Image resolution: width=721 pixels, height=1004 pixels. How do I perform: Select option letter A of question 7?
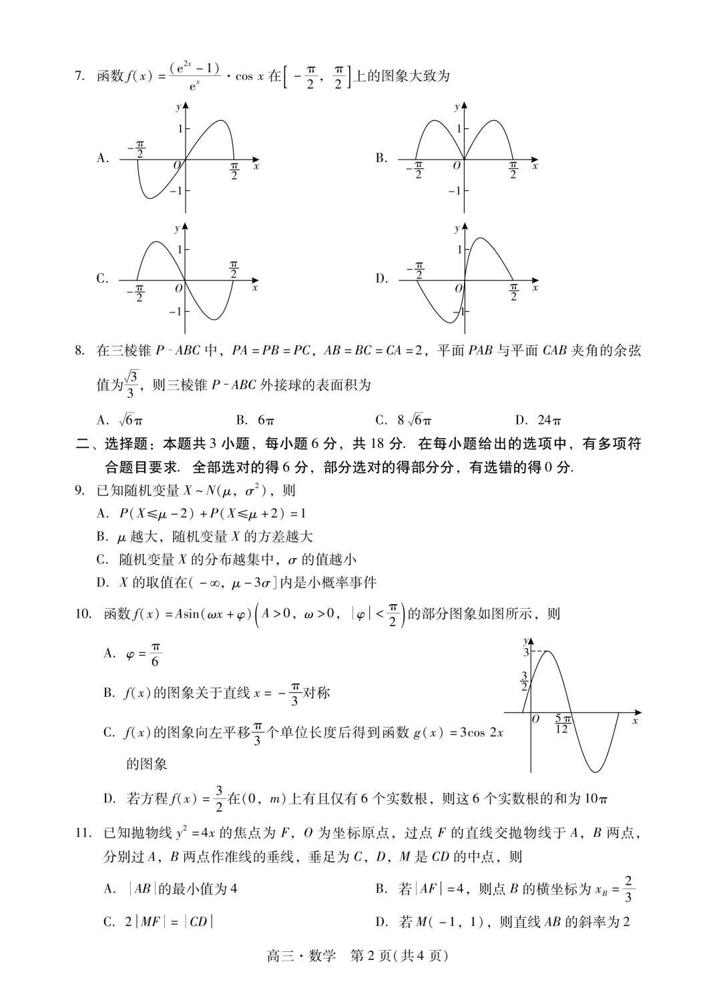tap(102, 158)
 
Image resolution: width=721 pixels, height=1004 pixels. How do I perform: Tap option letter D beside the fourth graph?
tap(381, 279)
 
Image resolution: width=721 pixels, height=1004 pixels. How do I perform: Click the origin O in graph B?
tap(457, 166)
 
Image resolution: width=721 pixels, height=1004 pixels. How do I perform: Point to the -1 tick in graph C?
tap(175, 312)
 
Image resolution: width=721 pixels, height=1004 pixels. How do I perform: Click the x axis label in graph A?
tap(256, 166)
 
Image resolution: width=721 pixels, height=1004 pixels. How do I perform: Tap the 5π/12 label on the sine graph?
tap(562, 724)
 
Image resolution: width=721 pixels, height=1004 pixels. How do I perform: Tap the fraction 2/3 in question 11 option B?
tap(630, 889)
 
